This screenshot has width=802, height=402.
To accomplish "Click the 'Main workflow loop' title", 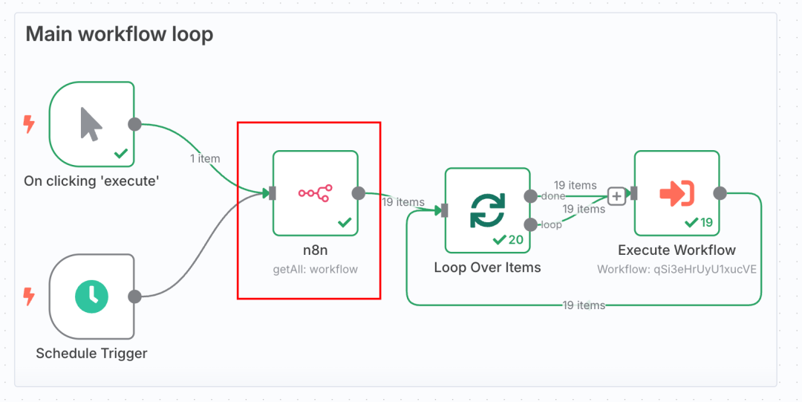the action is point(120,34).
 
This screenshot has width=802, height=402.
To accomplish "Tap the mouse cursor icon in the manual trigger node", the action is point(91,124).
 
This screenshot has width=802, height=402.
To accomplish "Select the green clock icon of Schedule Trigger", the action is point(91,296).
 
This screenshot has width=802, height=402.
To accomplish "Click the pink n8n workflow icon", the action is point(315,193).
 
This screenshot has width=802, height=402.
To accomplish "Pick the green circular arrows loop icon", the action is point(487,210).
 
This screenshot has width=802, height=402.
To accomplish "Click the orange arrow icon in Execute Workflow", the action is point(677,193).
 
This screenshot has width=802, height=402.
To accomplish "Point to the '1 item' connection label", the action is point(205,159).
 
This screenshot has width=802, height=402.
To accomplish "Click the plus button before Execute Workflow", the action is point(617,196).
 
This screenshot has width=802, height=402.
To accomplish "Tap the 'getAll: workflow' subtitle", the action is point(315,270).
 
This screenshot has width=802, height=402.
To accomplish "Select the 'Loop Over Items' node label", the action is point(487,268).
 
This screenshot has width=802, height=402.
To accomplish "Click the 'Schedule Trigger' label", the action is point(91,354).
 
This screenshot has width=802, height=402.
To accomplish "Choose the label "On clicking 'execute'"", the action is point(91,181).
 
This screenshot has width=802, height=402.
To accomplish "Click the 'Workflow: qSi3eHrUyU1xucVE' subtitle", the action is point(677,270).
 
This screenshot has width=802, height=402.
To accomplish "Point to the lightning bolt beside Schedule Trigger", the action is point(29,296).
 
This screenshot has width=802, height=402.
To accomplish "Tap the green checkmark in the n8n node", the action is point(345,222).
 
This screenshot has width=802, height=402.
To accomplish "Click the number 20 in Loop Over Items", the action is point(515,240).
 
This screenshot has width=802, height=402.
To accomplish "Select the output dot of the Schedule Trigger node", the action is point(134,296).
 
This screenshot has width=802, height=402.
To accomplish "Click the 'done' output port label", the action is point(553,196).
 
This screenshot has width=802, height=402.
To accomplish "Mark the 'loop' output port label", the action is point(551,225).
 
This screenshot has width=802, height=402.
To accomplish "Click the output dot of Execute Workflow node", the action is point(720,193).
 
